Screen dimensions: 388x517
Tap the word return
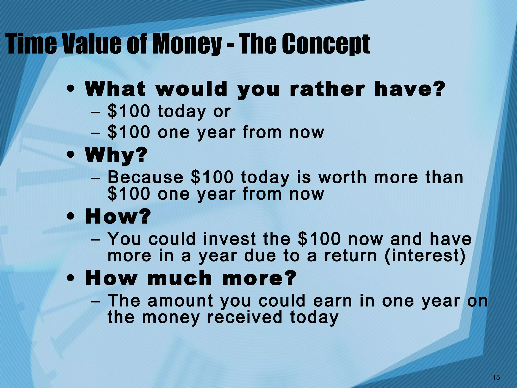350,256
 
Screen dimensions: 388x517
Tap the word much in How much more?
179,278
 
